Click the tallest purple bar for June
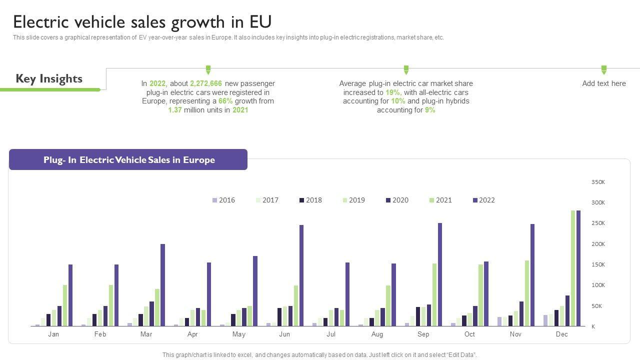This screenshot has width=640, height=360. [x=301, y=275]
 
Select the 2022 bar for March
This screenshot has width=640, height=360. [x=162, y=285]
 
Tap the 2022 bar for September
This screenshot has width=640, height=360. [x=440, y=274]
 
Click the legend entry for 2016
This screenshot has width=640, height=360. [x=223, y=200]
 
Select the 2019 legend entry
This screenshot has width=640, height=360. [x=353, y=200]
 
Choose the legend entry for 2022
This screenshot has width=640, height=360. [x=483, y=200]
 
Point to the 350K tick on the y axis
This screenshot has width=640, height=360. [x=598, y=182]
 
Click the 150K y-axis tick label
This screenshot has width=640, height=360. [x=598, y=264]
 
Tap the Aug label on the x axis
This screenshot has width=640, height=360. [x=377, y=334]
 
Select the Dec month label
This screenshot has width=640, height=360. [x=562, y=334]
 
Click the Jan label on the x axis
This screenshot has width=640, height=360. [x=53, y=334]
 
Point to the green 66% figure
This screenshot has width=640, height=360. [x=225, y=101]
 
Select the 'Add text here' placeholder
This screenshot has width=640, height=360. [x=604, y=83]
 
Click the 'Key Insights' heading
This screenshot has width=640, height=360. [x=49, y=78]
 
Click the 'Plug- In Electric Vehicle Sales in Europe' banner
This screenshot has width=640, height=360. [x=128, y=160]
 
